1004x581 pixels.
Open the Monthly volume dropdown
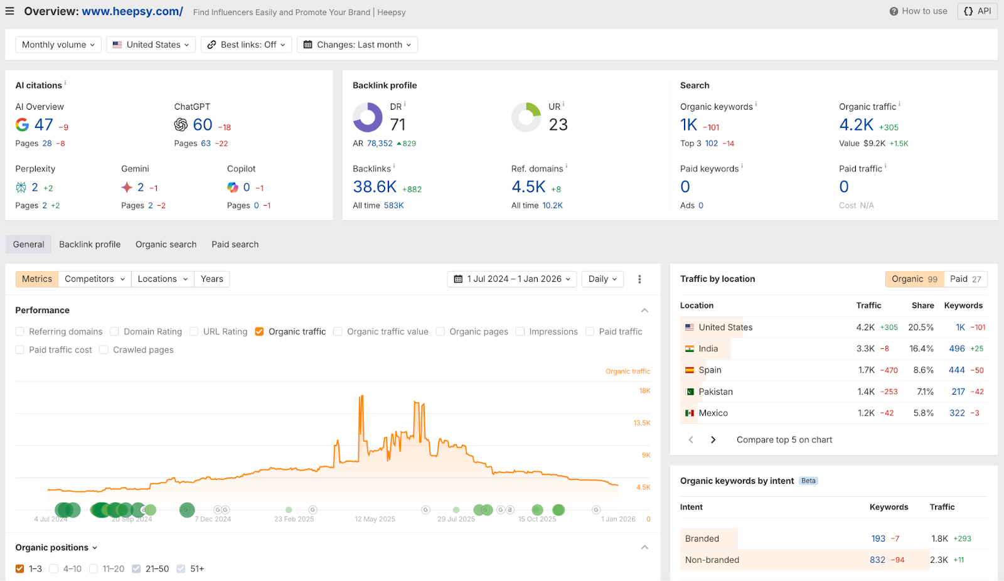(x=58, y=45)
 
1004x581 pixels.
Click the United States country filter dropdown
(x=151, y=45)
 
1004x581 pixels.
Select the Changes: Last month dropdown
(x=357, y=45)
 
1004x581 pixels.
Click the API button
(x=977, y=11)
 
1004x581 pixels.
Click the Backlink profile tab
(x=90, y=245)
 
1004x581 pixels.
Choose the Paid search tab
(x=235, y=245)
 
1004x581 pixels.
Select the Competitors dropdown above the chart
(x=95, y=279)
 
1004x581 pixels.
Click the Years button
(x=212, y=279)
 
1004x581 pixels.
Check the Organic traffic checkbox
(x=259, y=332)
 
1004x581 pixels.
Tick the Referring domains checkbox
(x=20, y=332)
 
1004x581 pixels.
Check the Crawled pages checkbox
(x=104, y=350)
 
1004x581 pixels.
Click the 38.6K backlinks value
(x=375, y=187)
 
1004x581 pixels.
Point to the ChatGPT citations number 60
(x=203, y=125)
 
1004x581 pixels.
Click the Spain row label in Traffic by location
(x=710, y=370)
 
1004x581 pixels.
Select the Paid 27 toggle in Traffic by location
(x=965, y=279)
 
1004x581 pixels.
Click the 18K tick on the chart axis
(x=644, y=391)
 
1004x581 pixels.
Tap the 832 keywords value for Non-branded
(x=877, y=560)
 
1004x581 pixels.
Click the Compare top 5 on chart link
(x=784, y=440)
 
